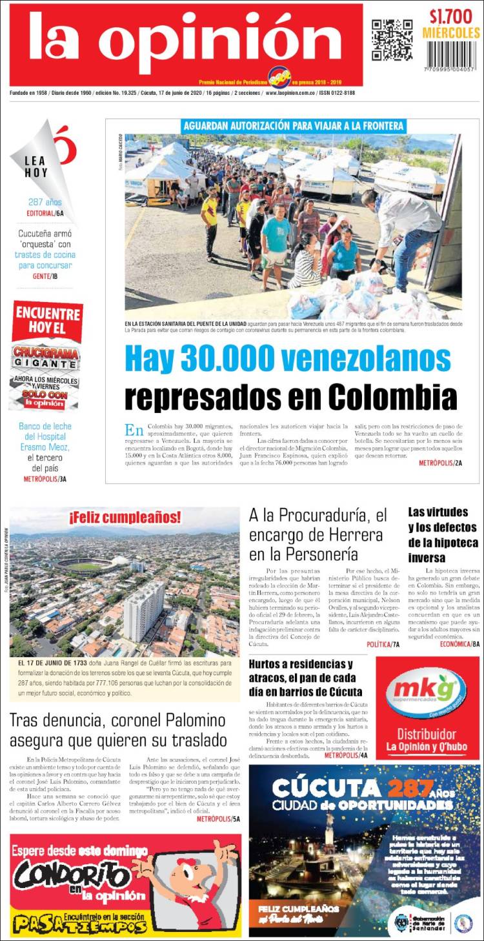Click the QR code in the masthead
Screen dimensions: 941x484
pyautogui.click(x=392, y=40)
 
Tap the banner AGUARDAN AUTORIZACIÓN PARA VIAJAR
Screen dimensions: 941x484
pyautogui.click(x=294, y=126)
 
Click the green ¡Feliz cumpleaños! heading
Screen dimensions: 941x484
pyautogui.click(x=125, y=517)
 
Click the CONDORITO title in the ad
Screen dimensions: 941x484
pyautogui.click(x=72, y=877)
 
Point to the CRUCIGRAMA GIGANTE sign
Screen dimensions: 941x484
pyautogui.click(x=46, y=359)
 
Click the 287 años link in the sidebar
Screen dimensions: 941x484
pyautogui.click(x=45, y=202)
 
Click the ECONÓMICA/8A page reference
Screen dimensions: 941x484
pyautogui.click(x=459, y=644)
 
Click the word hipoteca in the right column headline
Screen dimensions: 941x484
pyautogui.click(x=454, y=542)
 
